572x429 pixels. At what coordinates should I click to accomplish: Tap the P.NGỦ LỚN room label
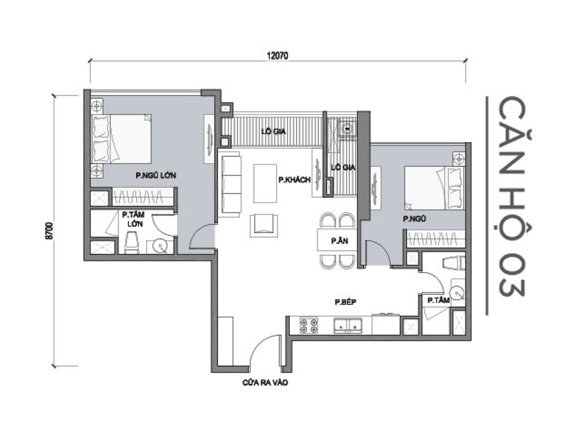156,175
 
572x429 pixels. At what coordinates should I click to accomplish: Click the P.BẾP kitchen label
345,302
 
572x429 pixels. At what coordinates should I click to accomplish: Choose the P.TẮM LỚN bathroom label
132,218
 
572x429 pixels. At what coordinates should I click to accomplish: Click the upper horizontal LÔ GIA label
274,132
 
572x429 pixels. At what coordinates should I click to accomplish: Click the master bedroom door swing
201,238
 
